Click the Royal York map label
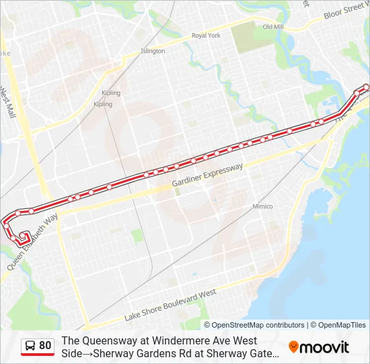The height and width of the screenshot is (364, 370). pyautogui.click(x=206, y=36)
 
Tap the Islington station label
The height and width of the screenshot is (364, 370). pyautogui.click(x=153, y=51)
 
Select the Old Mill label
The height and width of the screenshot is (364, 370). pyautogui.click(x=272, y=27)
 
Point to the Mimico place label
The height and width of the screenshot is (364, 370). pyautogui.click(x=262, y=206)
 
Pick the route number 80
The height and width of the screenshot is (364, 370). pyautogui.click(x=45, y=346)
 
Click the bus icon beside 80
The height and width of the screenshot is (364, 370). pyautogui.click(x=30, y=346)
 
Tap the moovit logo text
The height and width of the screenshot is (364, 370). pyautogui.click(x=325, y=347)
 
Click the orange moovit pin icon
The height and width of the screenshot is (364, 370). pyautogui.click(x=293, y=346)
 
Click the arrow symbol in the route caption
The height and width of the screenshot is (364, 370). pyautogui.click(x=85, y=353)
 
